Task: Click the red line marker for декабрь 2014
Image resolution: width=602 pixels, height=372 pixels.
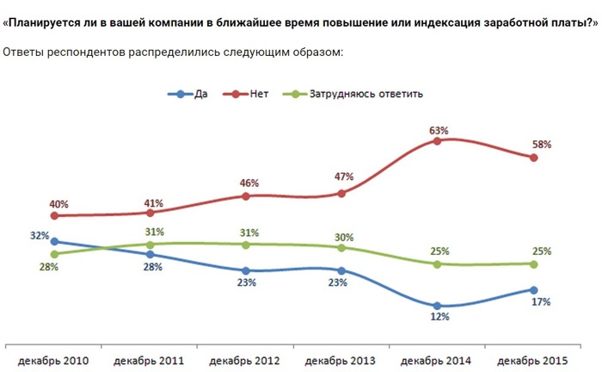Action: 438,140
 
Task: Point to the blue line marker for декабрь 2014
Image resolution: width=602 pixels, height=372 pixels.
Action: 438,306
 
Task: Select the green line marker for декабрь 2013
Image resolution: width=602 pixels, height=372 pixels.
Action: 341,248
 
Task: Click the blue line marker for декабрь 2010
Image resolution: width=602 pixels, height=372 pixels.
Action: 54,242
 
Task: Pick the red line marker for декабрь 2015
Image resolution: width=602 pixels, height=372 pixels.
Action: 534,158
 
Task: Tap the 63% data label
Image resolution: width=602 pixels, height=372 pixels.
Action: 439,130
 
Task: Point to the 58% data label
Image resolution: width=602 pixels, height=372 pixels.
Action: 541,145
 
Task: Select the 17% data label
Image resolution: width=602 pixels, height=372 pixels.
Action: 541,302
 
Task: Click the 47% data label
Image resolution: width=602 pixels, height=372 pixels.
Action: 344,177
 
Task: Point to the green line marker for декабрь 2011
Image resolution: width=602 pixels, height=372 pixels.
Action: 150,244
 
